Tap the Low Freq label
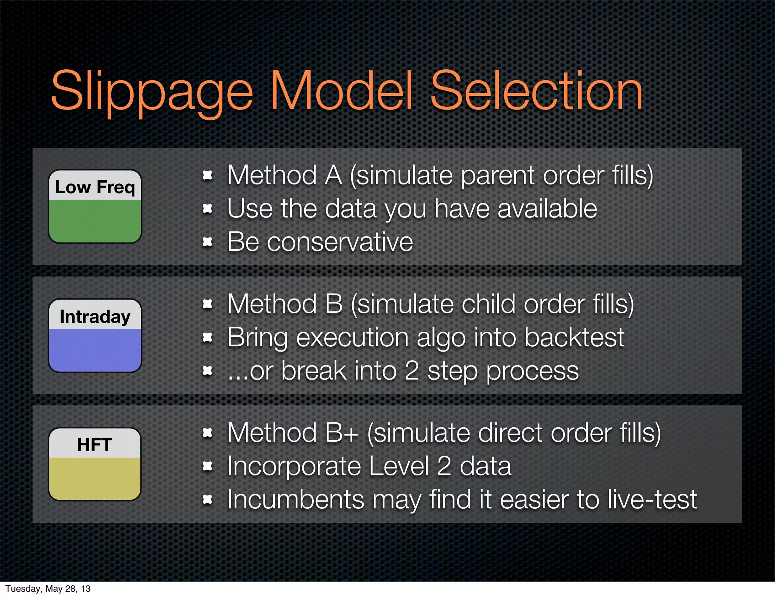coord(95,187)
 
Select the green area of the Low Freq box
coord(95,221)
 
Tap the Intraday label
coord(95,316)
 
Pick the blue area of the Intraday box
coord(95,350)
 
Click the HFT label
coord(95,444)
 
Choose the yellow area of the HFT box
coord(95,478)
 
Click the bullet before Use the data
coord(207,208)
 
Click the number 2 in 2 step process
coord(412,370)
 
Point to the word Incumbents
coord(296,499)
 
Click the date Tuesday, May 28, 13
coord(48,589)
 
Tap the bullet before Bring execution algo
coord(207,337)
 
